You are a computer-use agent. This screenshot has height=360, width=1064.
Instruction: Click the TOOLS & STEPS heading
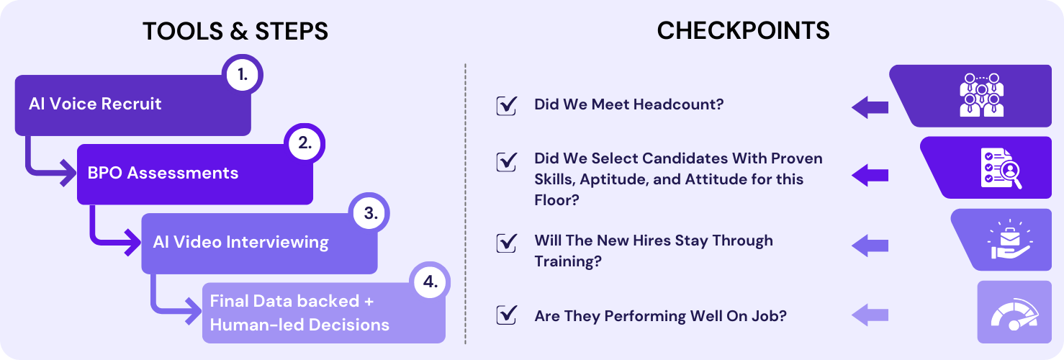click(x=235, y=31)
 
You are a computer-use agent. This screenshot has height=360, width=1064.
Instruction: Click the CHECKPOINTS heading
click(x=743, y=31)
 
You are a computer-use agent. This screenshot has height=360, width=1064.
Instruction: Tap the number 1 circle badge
click(x=242, y=76)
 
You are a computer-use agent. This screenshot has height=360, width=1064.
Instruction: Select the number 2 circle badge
click(x=305, y=143)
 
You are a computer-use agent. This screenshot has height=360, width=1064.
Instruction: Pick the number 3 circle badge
click(x=369, y=213)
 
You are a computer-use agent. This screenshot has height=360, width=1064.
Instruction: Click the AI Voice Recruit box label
click(x=95, y=104)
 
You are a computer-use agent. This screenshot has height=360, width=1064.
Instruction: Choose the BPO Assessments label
click(x=163, y=173)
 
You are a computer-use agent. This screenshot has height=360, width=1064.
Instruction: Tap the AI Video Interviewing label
click(x=240, y=242)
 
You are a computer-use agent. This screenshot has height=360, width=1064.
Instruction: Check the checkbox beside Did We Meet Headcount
click(x=507, y=105)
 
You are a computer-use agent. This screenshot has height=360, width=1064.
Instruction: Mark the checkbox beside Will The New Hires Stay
click(x=507, y=242)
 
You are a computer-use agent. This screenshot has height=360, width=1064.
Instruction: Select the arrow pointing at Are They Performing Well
click(x=870, y=315)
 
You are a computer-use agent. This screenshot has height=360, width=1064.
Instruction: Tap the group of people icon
click(x=983, y=94)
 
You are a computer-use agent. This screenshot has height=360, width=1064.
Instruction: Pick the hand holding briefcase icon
click(x=1006, y=240)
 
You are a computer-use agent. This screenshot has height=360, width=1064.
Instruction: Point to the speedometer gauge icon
click(x=1014, y=312)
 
